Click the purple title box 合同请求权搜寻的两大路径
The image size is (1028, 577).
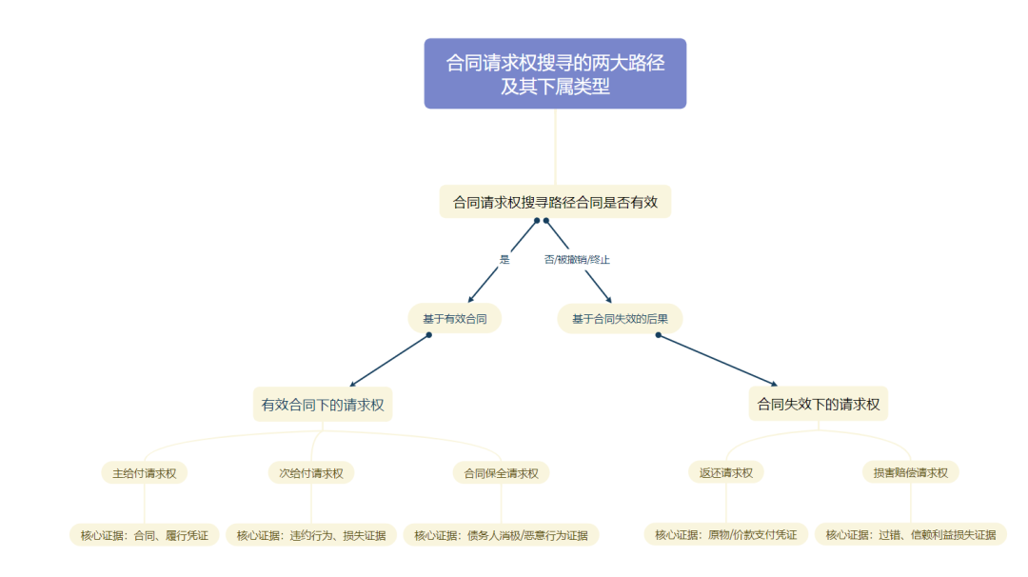point(555,73)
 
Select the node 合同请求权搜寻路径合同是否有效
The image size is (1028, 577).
point(555,202)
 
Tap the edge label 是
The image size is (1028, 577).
point(504,259)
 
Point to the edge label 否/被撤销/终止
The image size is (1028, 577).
point(577,259)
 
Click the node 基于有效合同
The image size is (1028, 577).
point(455,318)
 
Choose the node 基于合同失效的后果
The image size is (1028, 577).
point(620,318)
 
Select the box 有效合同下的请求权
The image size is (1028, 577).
point(323,405)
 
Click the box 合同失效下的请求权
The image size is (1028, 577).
point(819,405)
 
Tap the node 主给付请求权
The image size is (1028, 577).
point(145,472)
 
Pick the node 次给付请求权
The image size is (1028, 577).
point(311,472)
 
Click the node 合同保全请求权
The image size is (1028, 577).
point(501,472)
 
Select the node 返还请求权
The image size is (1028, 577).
point(726,472)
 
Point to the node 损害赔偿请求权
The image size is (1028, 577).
point(911,472)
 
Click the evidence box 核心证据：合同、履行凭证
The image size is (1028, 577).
point(145,535)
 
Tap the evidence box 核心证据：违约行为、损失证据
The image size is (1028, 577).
point(311,535)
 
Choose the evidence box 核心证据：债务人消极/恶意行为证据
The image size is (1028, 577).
point(501,535)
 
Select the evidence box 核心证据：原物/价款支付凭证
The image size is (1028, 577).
point(726,535)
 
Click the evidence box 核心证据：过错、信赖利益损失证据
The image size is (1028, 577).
point(911,535)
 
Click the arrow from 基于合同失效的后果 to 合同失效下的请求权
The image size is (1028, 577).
point(716,360)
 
